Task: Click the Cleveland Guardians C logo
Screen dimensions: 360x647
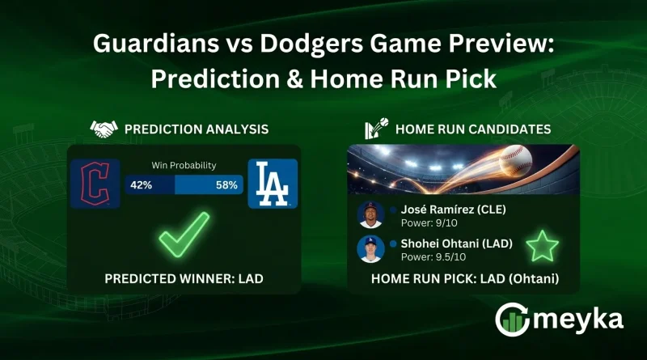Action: [x=95, y=184]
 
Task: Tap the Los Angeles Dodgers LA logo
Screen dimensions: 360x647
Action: [x=273, y=184]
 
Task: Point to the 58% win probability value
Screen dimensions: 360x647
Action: [x=226, y=185]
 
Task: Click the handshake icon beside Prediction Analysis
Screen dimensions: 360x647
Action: [x=103, y=129]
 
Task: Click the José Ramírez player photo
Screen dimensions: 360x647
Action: [x=370, y=214]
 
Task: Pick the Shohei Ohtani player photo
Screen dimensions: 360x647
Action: [x=370, y=248]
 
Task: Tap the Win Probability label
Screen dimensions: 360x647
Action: [x=184, y=166]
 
